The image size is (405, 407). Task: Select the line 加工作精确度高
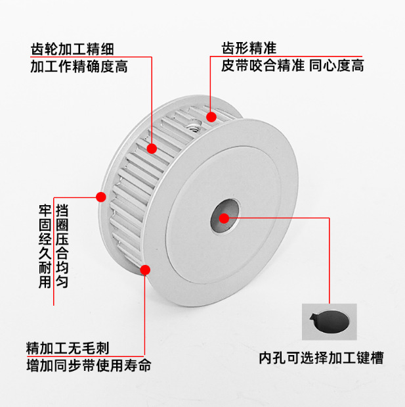(78, 66)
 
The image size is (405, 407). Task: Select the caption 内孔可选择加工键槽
(321, 358)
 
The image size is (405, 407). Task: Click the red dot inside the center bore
(224, 218)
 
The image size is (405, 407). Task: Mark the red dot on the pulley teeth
(152, 149)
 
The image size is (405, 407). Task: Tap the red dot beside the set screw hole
(211, 117)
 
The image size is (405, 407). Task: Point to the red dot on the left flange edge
(101, 196)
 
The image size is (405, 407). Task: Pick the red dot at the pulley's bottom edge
(146, 268)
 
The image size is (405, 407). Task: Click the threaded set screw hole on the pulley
(194, 124)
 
